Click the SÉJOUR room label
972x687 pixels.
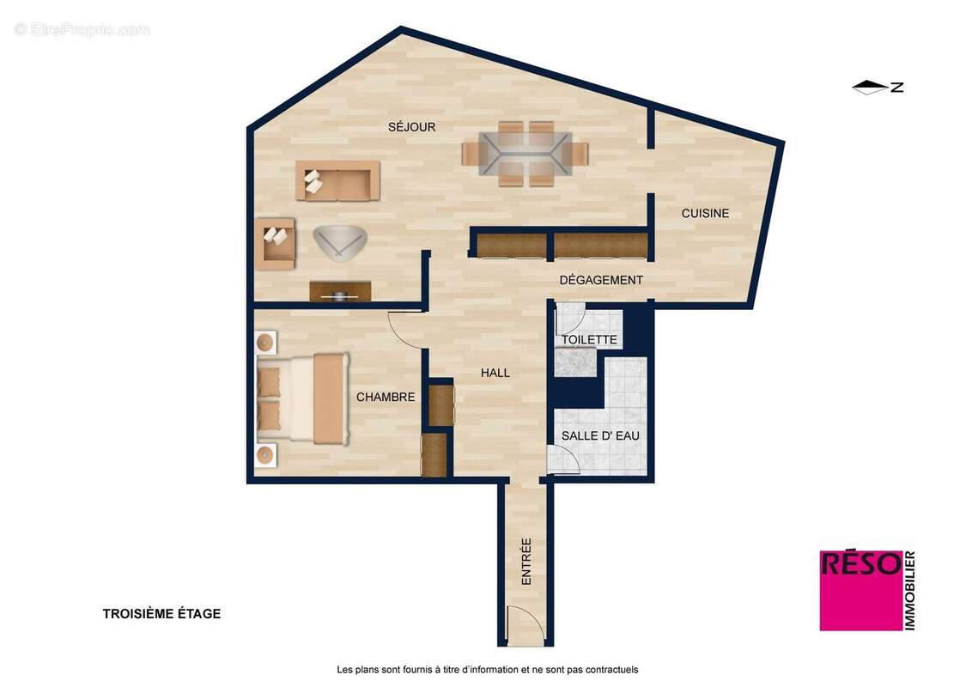411,127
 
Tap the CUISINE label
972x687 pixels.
705,213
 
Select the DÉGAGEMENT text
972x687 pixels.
601,280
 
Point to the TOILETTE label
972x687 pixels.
589,339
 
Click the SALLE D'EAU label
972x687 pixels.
600,435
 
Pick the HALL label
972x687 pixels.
495,373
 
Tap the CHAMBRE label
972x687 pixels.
386,397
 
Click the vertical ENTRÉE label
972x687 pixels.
526,562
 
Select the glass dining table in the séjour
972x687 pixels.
525,154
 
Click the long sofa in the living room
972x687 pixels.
338,180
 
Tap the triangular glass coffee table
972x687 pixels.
339,241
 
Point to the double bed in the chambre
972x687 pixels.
301,398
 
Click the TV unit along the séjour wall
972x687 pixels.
340,292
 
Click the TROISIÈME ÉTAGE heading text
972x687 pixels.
161,613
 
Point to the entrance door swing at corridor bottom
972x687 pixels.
520,625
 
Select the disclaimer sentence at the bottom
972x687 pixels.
487,669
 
